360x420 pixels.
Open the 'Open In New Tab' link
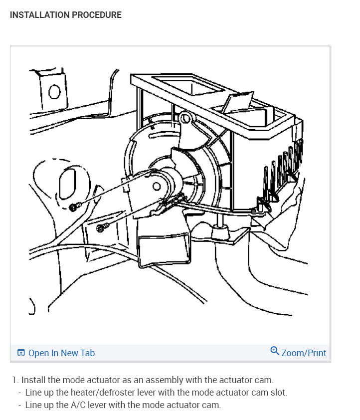61,353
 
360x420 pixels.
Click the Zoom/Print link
304,353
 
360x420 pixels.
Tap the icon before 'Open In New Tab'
21,353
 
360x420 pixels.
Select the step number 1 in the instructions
14,380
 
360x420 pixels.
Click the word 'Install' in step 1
33,380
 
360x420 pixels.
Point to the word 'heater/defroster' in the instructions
101,393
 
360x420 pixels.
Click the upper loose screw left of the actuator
74,207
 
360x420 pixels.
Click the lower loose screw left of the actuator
100,228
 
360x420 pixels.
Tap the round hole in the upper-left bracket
55,92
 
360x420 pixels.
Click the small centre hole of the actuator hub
157,187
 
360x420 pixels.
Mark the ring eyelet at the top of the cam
185,118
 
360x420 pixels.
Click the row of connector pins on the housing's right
283,167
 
